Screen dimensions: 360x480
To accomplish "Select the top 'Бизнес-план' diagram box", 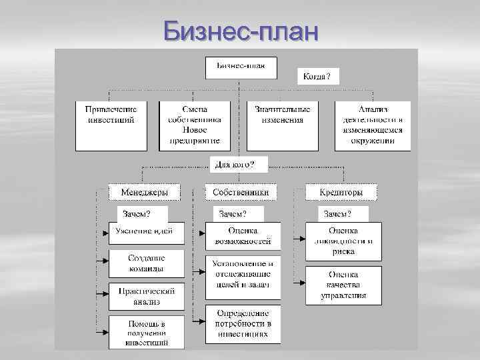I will coord(241,67).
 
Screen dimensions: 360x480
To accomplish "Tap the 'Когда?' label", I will coord(316,77).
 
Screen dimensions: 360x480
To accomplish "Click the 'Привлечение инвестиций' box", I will coord(111,125).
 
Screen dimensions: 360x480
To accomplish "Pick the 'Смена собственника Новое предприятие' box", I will coord(195,125).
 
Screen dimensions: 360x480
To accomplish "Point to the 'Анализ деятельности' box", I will coord(373,125).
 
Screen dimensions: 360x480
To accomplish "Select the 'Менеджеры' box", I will coord(144,192).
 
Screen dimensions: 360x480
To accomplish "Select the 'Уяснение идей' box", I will coord(144,233).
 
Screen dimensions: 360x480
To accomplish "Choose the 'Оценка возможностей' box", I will coord(243,235).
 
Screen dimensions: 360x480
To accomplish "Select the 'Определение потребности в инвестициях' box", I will coord(243,323).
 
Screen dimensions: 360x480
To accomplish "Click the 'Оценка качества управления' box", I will coord(343,285).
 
